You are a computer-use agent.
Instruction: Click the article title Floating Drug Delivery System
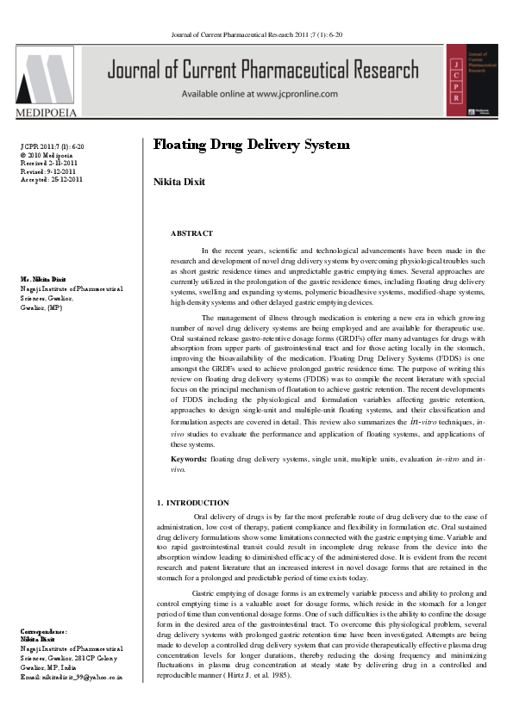coord(251,144)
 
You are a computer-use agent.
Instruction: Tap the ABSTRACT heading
coord(191,233)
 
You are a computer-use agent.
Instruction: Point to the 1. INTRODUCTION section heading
coord(193,502)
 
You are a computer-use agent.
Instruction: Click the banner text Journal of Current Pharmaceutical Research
coord(272,71)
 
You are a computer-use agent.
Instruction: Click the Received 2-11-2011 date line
coord(47,163)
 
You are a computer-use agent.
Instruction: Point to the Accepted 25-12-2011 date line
coord(51,179)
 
